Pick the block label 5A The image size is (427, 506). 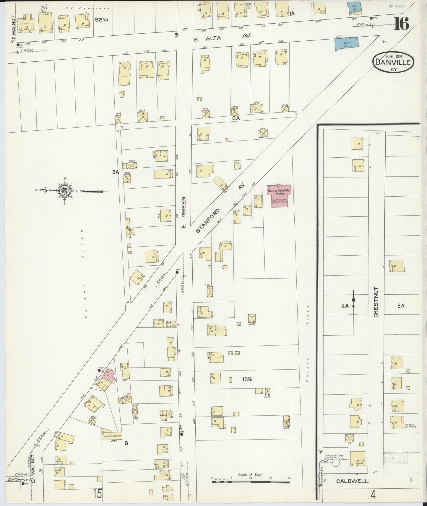(x=400, y=306)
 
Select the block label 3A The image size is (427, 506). (x=115, y=172)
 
